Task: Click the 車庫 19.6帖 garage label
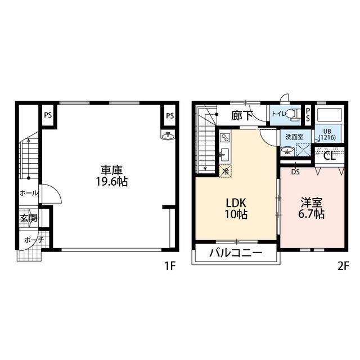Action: [x=111, y=176]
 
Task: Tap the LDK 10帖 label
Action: [x=236, y=209]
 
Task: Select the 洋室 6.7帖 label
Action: [x=311, y=208]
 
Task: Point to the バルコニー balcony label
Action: [x=236, y=253]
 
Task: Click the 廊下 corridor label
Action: [x=242, y=115]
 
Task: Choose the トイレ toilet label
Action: [x=279, y=114]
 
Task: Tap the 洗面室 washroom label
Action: [x=295, y=137]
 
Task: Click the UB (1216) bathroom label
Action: [x=327, y=135]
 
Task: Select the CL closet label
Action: [x=330, y=156]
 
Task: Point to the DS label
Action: [x=295, y=172]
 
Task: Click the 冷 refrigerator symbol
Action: [x=226, y=171]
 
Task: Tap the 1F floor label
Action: [x=170, y=266]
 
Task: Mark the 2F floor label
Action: [x=344, y=266]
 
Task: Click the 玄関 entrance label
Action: [x=29, y=218]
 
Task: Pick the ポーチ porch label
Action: [x=34, y=240]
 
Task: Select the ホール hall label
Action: [x=29, y=193]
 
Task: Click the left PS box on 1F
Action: [x=48, y=115]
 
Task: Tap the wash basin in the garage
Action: [x=168, y=136]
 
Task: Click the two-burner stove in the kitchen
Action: [x=224, y=138]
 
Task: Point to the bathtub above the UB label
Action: [x=329, y=115]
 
